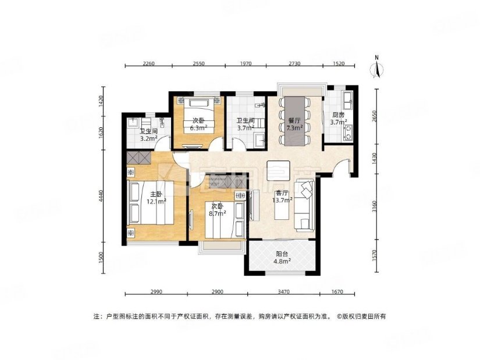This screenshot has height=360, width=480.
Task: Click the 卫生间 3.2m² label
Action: pos(148,136)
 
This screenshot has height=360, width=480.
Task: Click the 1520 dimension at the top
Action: pos(339,64)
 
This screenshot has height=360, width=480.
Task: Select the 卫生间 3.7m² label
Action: pos(244,124)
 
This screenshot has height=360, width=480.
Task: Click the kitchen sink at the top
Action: pos(347,99)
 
